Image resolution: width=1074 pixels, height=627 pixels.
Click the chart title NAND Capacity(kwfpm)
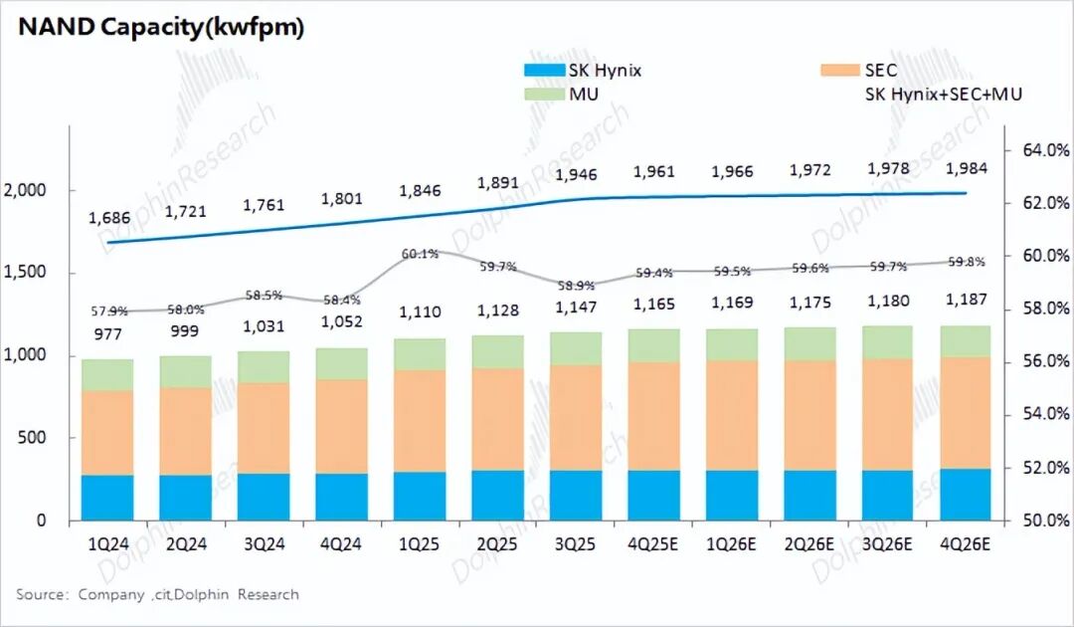(x=160, y=28)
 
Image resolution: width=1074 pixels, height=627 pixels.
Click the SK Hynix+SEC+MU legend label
(x=944, y=95)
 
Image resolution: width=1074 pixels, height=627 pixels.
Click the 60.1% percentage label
(x=420, y=255)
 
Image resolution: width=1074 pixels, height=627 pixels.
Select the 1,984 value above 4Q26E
(x=966, y=168)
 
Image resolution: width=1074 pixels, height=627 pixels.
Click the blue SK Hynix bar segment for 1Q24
(x=107, y=498)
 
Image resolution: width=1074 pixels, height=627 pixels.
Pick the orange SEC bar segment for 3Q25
(x=576, y=418)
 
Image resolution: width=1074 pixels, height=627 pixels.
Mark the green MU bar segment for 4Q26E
(x=966, y=341)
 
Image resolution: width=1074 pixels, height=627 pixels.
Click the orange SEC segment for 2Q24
(x=185, y=431)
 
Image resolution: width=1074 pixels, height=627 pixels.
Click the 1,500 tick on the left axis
(x=29, y=273)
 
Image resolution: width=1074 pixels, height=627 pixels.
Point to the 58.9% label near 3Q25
(x=576, y=286)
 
